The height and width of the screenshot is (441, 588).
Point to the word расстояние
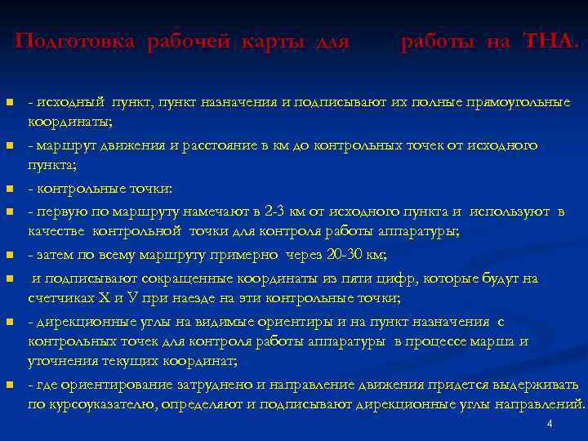coord(214,145)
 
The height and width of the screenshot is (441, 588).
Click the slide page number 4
coord(550,425)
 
